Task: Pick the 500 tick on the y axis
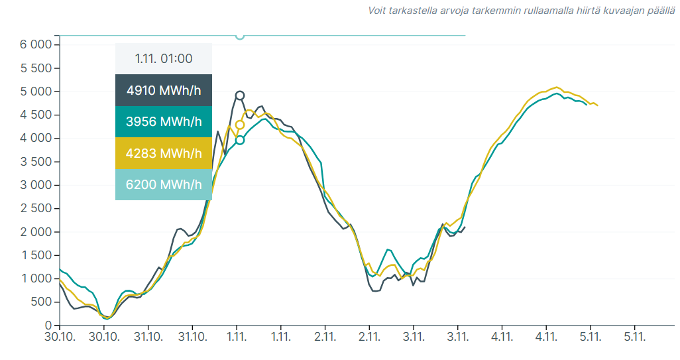pos(42,302)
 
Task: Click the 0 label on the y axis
pos(48,326)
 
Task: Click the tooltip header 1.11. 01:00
pos(164,58)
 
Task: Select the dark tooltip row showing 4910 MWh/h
pos(164,90)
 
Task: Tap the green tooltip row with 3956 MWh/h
pos(164,122)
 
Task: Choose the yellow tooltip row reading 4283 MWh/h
pos(164,153)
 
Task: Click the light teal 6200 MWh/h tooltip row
pos(164,184)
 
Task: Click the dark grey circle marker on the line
pos(240,95)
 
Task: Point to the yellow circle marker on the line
pos(240,125)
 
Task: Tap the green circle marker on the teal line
pos(240,140)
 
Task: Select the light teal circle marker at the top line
pos(240,35)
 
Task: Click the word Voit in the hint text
pos(378,11)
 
